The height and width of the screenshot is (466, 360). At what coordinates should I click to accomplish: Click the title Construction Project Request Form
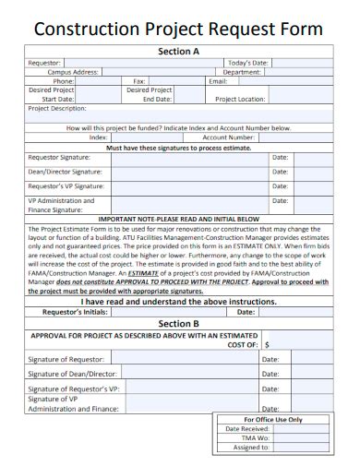point(179,29)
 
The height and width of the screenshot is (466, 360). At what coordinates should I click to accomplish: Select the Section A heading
point(179,52)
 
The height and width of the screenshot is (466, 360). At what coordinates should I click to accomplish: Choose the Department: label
point(242,71)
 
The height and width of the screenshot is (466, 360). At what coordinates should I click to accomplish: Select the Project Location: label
point(240,99)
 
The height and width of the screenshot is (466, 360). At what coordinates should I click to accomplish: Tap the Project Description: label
point(64,107)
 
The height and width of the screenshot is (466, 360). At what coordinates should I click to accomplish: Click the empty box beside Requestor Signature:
point(189,158)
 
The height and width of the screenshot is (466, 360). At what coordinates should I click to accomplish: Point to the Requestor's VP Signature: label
point(66,185)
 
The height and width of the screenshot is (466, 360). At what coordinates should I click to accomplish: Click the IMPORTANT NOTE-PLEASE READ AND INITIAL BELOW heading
point(179,219)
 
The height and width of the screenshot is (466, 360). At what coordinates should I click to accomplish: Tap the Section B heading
point(179,324)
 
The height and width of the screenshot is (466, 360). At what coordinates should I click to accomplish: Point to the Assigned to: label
point(251,447)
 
